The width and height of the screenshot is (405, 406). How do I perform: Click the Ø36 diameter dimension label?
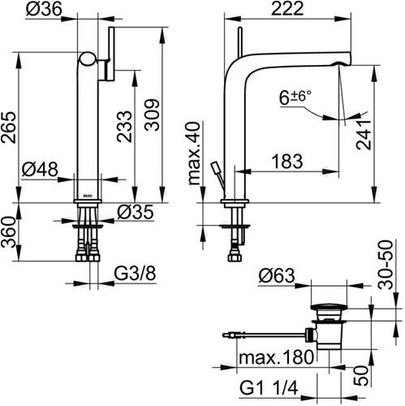(x=44, y=10)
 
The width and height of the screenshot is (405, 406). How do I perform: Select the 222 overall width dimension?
(x=287, y=9)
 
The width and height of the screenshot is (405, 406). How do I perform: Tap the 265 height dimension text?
(x=9, y=127)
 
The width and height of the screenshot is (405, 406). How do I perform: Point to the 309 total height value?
(x=152, y=115)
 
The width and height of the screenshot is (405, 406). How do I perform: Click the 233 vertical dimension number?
(x=124, y=127)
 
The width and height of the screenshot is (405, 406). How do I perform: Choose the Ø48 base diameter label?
(x=40, y=170)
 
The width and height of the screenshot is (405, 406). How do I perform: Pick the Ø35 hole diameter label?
(x=136, y=212)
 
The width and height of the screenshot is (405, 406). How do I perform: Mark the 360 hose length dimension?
(x=8, y=232)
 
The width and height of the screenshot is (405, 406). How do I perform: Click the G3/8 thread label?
(x=135, y=274)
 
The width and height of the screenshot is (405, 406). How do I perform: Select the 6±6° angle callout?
(x=295, y=97)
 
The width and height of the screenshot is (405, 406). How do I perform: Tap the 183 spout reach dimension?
(x=287, y=162)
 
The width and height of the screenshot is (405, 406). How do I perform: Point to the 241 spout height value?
(x=364, y=134)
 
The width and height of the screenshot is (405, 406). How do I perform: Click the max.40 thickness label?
(x=195, y=153)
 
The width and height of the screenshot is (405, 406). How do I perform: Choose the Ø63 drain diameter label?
(x=277, y=276)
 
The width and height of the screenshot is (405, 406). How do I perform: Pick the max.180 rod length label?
(x=276, y=357)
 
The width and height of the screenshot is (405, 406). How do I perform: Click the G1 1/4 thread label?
(x=269, y=388)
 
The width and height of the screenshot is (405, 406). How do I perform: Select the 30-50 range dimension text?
(x=386, y=265)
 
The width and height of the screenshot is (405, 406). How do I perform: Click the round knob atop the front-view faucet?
(x=88, y=58)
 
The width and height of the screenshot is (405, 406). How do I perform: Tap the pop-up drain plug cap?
(x=329, y=307)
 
